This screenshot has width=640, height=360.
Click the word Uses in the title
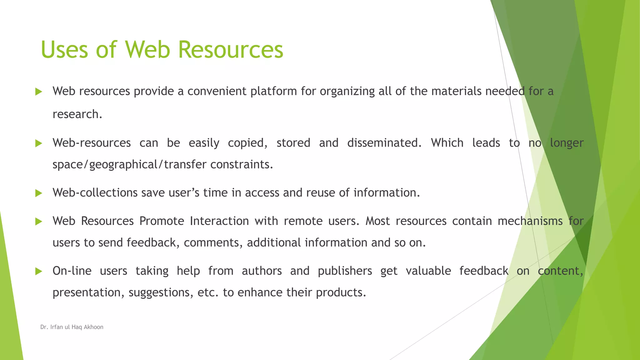point(64,50)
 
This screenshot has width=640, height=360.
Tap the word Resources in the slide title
point(231,50)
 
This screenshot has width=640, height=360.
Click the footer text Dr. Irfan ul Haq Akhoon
point(72,327)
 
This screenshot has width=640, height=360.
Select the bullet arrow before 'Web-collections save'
point(39,193)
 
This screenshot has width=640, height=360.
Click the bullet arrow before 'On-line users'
point(39,271)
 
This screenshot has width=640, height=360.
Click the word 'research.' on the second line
point(77,114)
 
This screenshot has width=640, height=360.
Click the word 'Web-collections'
point(95,193)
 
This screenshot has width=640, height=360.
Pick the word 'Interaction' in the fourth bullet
point(219,221)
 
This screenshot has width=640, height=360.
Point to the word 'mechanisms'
point(530,221)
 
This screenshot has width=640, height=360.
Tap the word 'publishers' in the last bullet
point(345,271)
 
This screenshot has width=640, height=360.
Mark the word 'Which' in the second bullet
point(447,143)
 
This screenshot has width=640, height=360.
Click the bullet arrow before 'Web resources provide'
point(39,92)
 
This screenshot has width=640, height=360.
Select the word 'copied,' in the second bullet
point(248,143)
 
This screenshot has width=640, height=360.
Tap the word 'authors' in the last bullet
point(262,271)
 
